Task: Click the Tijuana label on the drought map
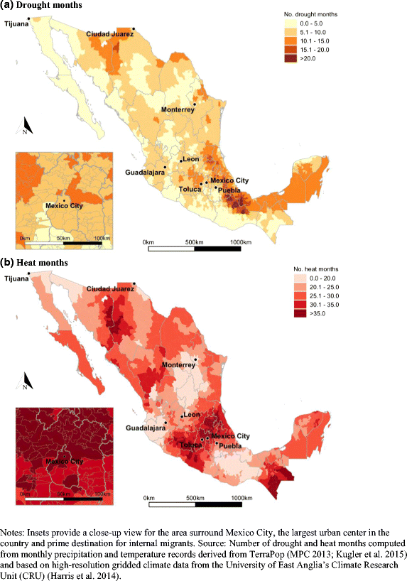[16, 23]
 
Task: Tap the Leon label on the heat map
[192, 416]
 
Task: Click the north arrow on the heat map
[24, 382]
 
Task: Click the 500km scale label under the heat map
[193, 498]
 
